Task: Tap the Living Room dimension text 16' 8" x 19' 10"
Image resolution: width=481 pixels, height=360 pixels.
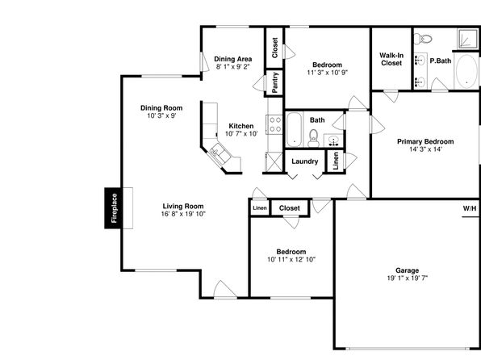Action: click(x=183, y=214)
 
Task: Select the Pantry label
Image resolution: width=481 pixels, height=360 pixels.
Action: click(x=274, y=82)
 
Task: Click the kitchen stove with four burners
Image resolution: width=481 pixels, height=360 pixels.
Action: click(x=274, y=124)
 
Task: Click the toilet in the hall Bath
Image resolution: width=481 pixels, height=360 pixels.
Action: click(x=313, y=138)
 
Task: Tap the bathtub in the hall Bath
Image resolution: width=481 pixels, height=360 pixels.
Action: click(x=295, y=129)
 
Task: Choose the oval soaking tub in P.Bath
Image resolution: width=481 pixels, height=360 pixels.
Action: click(x=466, y=71)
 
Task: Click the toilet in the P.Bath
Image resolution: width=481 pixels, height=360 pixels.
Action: click(x=422, y=39)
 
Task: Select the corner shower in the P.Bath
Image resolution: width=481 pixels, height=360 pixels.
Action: click(x=468, y=39)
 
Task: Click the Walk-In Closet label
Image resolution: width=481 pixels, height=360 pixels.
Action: click(x=391, y=59)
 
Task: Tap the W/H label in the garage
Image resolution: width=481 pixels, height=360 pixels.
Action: click(x=470, y=209)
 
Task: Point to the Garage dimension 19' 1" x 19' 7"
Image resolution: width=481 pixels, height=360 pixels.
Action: click(x=407, y=278)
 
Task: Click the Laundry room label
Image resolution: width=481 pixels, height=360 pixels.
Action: click(x=304, y=161)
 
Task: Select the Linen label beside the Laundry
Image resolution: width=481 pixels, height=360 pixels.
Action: click(x=336, y=161)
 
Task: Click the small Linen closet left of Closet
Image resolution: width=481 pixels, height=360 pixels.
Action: click(x=260, y=208)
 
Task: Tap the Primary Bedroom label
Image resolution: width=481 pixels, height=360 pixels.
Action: click(x=425, y=141)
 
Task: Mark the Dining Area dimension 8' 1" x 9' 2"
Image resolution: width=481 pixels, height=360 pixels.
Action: click(x=233, y=67)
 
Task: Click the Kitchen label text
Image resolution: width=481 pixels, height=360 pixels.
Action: click(x=241, y=126)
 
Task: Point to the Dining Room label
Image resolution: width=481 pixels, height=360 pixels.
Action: click(x=161, y=107)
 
